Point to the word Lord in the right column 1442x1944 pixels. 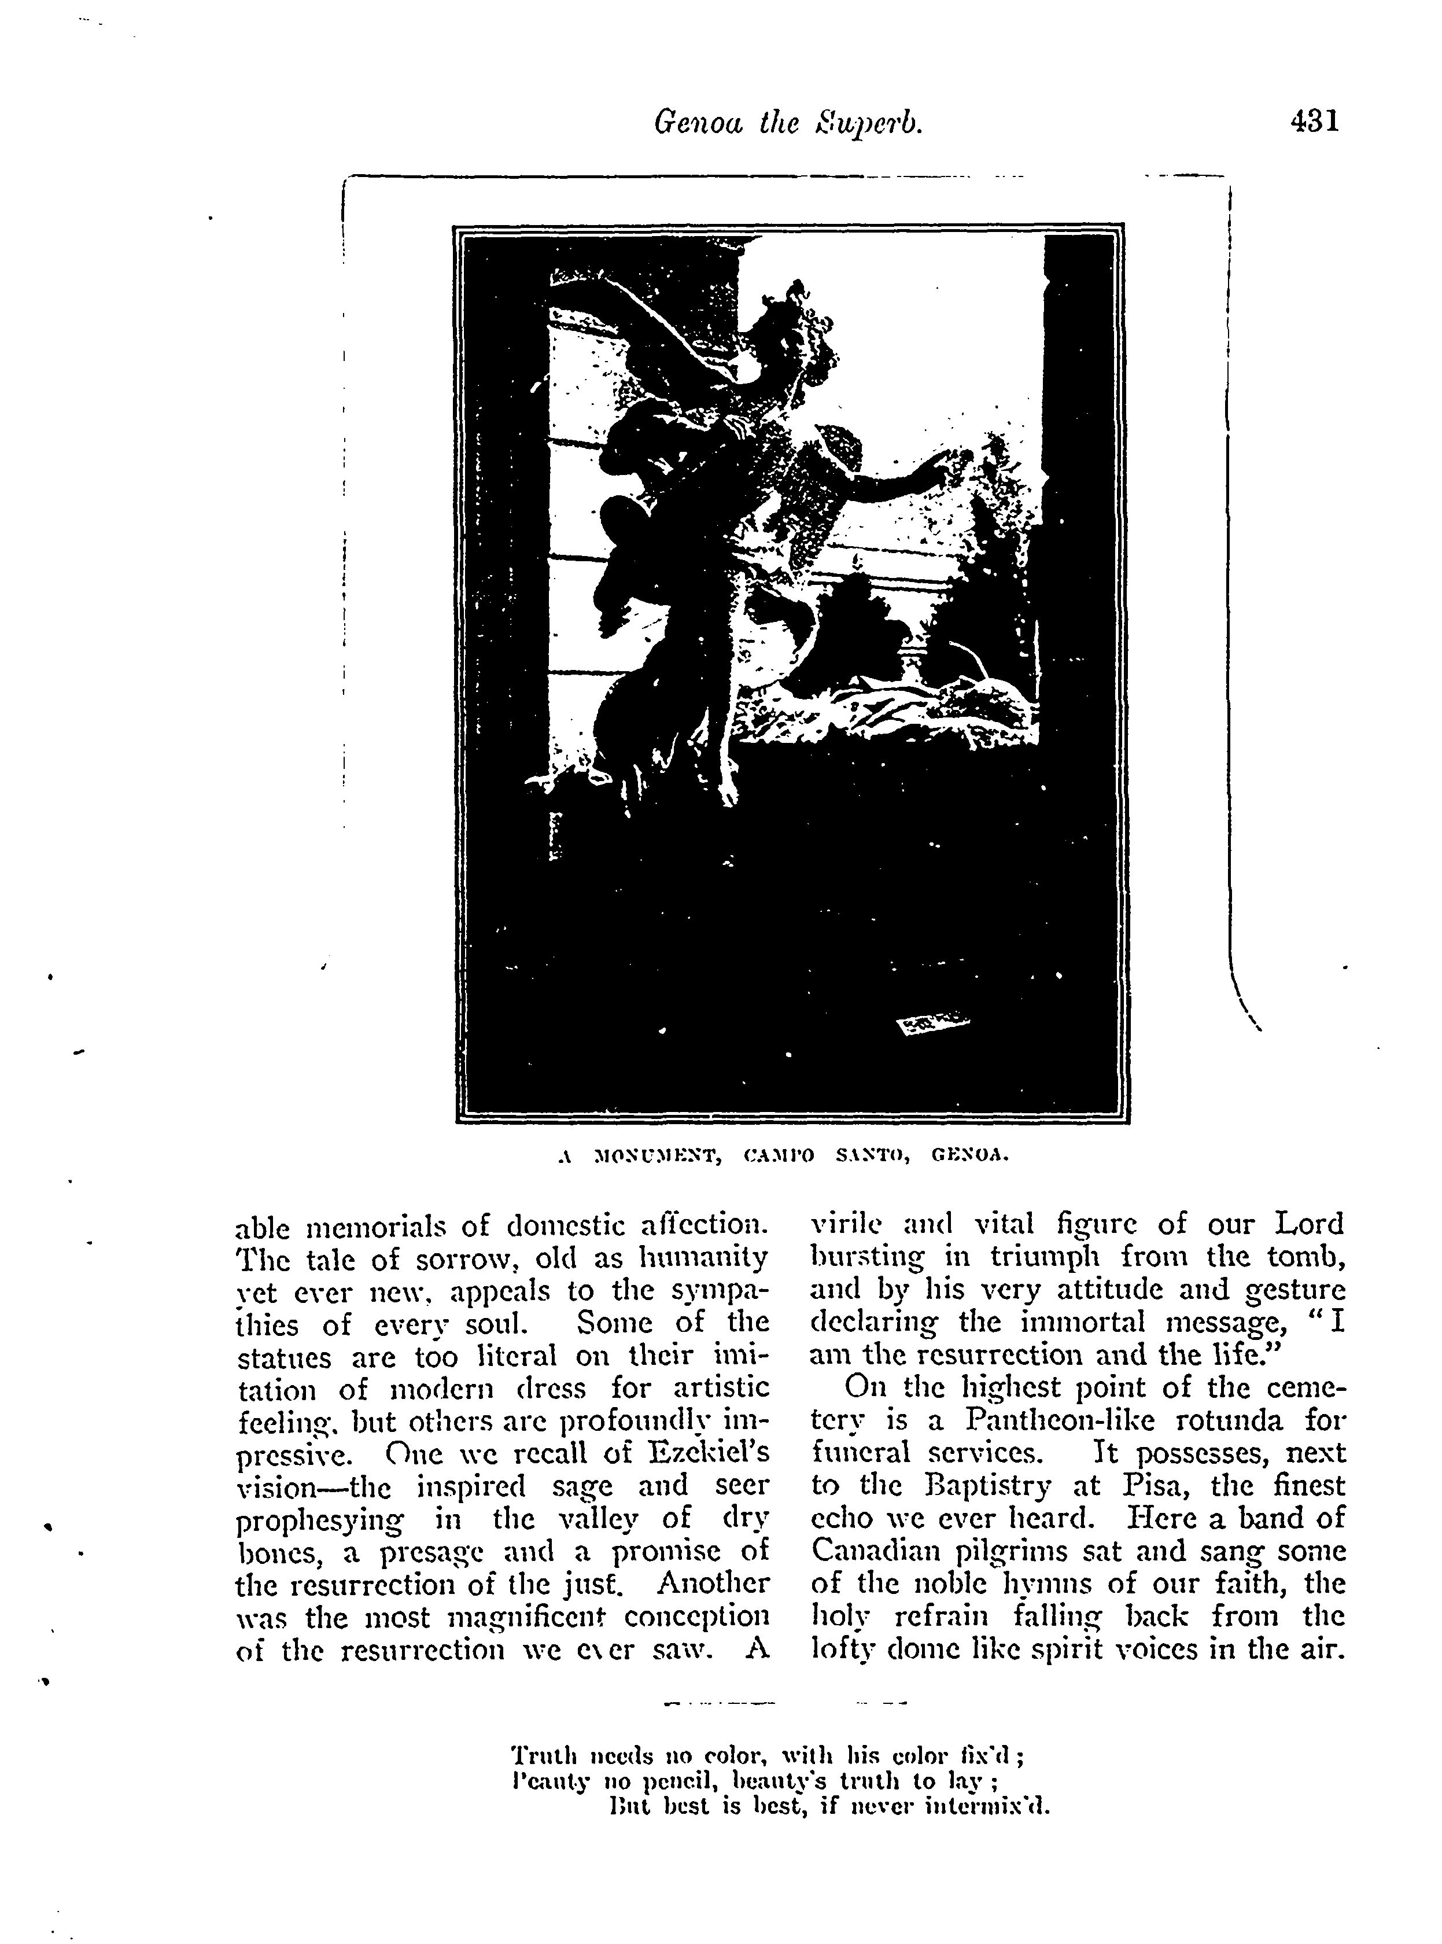1310,1223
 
